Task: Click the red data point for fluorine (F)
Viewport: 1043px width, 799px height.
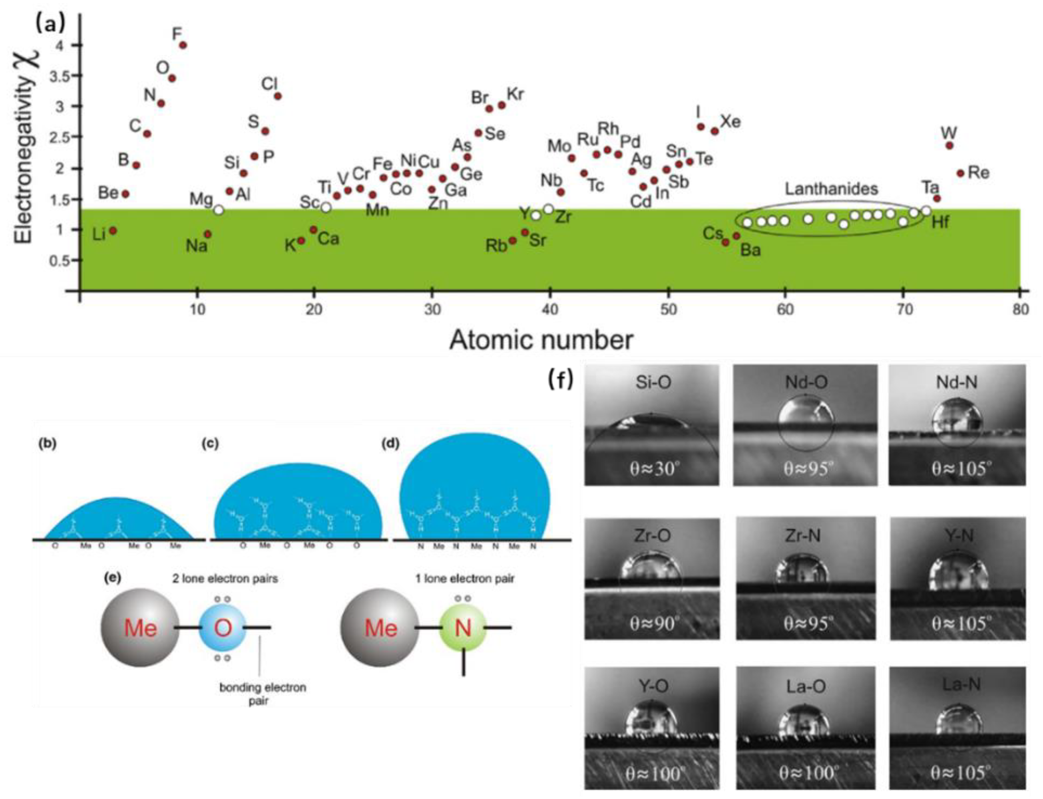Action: tap(182, 45)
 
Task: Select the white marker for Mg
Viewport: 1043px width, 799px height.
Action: tap(219, 210)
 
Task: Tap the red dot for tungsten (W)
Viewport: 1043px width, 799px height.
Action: tap(949, 145)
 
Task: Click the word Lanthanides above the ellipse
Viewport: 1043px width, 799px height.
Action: tap(831, 189)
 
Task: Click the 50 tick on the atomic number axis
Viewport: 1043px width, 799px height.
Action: tap(668, 309)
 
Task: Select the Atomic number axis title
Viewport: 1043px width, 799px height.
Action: tap(541, 340)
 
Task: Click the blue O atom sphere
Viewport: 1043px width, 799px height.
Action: tap(222, 628)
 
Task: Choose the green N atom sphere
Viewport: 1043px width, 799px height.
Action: tap(463, 628)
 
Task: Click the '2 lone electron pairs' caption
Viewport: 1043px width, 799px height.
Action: tap(225, 579)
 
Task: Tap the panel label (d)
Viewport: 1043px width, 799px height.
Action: tap(390, 443)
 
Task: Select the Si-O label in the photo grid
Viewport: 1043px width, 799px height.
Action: tap(653, 383)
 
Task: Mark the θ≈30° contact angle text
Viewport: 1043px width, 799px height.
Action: tap(653, 469)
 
